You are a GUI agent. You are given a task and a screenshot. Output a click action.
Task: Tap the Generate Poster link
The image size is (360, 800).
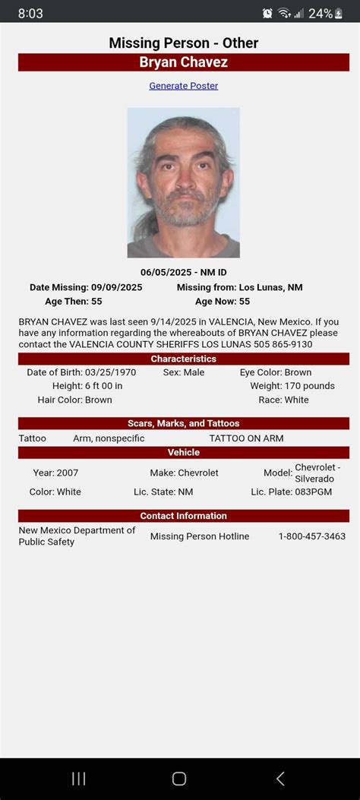click(183, 86)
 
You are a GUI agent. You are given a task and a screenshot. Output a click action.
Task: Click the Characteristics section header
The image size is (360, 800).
click(183, 359)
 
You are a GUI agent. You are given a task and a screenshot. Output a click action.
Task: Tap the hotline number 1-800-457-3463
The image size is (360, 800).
click(311, 536)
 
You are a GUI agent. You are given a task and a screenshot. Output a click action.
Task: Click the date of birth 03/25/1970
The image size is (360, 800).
click(110, 373)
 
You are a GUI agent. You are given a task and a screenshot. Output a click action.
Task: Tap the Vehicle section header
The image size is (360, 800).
click(183, 453)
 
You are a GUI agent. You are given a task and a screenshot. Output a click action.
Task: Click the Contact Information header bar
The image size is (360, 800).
click(183, 516)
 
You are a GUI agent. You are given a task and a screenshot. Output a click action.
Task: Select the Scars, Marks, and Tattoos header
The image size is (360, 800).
click(183, 423)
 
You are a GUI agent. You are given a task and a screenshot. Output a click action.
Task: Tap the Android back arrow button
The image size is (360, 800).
click(280, 778)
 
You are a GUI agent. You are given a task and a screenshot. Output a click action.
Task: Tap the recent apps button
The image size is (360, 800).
click(78, 778)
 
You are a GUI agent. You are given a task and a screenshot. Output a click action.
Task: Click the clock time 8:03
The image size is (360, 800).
click(30, 14)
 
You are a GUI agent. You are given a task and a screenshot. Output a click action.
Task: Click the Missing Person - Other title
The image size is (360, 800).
click(183, 43)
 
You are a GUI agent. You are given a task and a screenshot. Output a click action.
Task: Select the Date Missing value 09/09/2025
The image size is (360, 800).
click(116, 287)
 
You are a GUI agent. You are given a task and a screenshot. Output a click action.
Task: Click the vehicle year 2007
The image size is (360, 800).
click(67, 473)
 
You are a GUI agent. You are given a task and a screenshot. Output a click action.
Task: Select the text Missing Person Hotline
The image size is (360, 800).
click(200, 536)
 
